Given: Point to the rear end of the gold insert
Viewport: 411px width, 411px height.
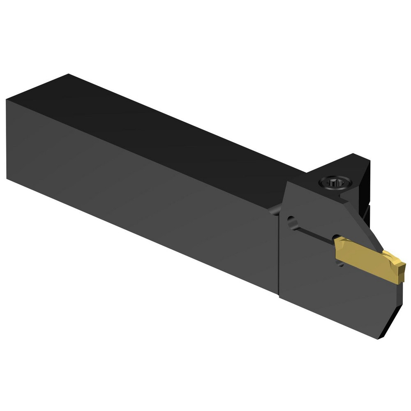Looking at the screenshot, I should coord(337,247).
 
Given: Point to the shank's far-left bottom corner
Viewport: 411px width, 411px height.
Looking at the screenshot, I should coord(7,178).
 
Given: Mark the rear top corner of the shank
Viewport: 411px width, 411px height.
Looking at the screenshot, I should coord(68,74).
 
